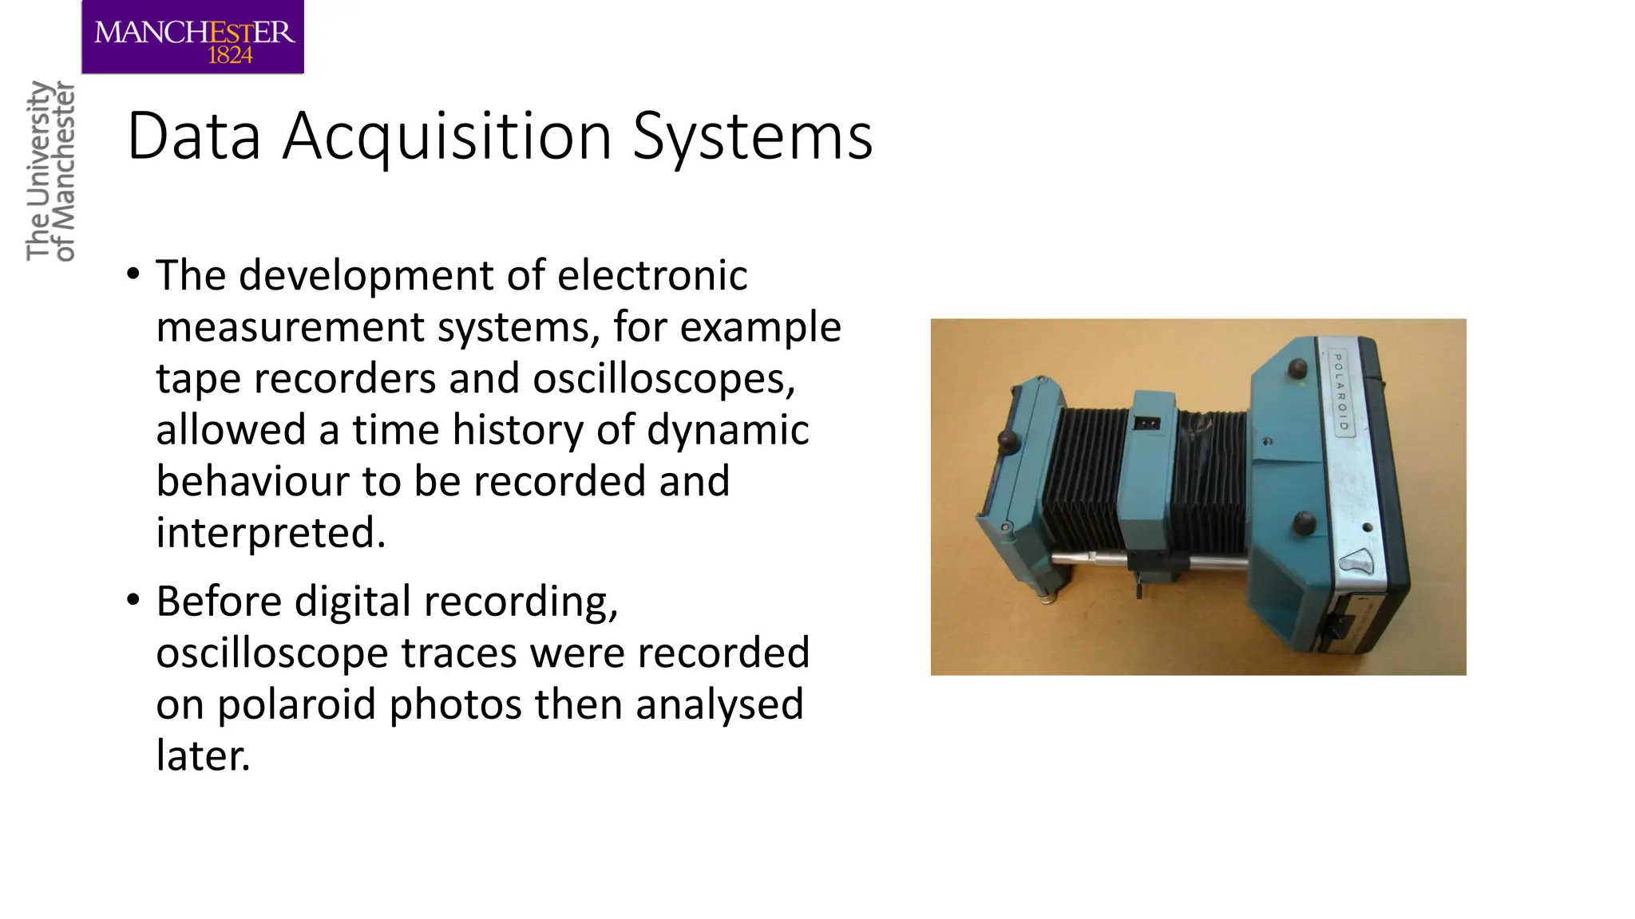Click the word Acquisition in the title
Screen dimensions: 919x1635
coord(448,137)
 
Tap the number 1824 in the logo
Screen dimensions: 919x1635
coord(230,55)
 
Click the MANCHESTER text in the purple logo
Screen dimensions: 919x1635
coord(194,32)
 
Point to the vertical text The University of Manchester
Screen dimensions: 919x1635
coord(50,171)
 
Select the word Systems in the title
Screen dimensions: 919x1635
coord(752,137)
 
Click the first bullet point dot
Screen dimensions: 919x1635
coord(133,275)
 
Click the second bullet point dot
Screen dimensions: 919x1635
coord(133,600)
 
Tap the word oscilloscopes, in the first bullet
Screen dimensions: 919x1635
coord(663,378)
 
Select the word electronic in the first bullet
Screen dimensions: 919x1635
coord(651,275)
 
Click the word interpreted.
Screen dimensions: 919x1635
coord(271,533)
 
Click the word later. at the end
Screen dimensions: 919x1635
coord(203,755)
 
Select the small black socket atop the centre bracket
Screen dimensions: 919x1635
coord(1146,423)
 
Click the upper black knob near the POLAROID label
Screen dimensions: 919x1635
coord(1297,368)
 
